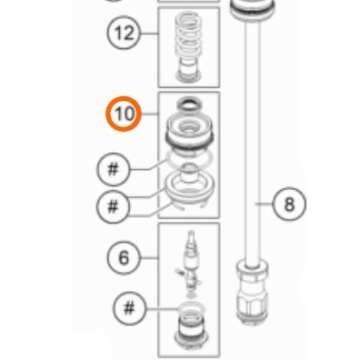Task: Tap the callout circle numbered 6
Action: pos(125,257)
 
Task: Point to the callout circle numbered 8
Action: pos(289,204)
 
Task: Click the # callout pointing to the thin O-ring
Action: pos(113,171)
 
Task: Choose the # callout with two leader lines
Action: pos(113,207)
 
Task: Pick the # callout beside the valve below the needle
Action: pos(129,309)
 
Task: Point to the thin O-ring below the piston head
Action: pos(188,157)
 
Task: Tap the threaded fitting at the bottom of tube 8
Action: pos(254,295)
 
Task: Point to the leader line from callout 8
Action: pos(266,204)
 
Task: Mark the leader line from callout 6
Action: pos(148,257)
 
